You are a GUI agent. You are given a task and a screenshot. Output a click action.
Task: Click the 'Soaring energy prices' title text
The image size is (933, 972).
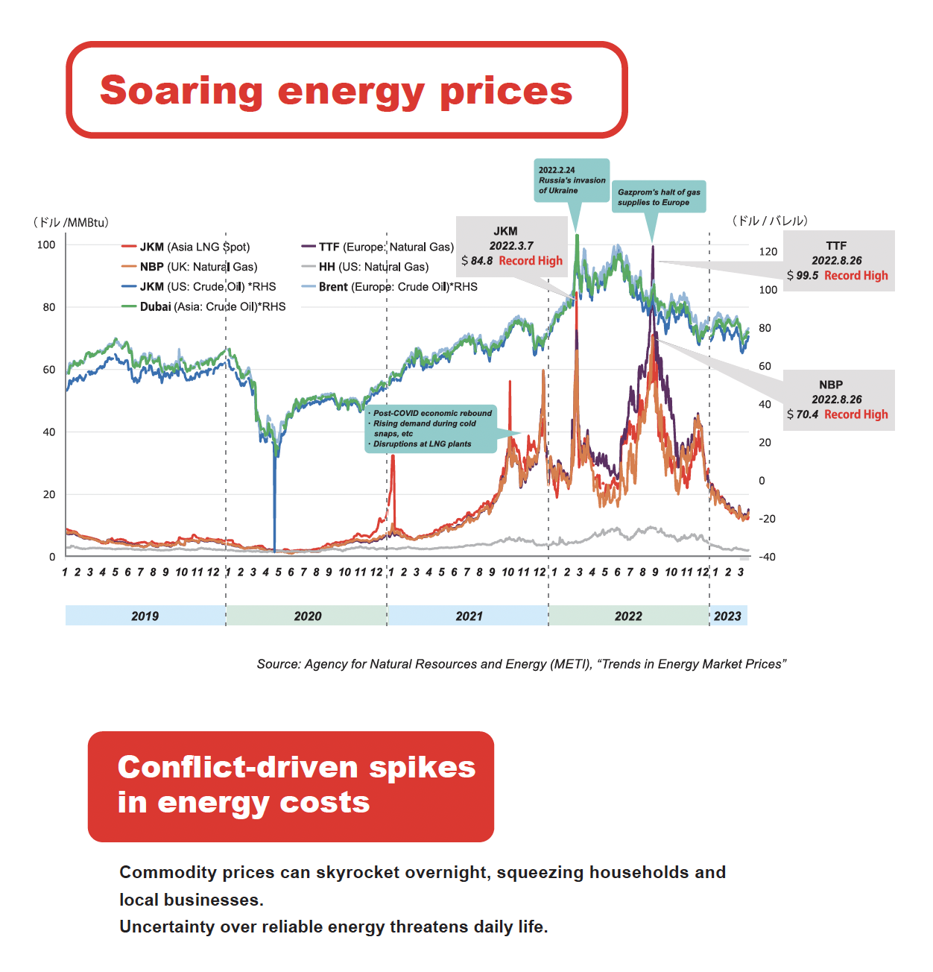pyautogui.click(x=336, y=91)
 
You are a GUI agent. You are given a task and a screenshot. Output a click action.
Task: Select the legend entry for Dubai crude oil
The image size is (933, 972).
pyautogui.click(x=203, y=306)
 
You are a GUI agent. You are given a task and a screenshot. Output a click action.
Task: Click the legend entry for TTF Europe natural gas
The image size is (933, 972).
pyautogui.click(x=378, y=247)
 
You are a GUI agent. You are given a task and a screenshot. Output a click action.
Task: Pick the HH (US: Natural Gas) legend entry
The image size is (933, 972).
pyautogui.click(x=365, y=267)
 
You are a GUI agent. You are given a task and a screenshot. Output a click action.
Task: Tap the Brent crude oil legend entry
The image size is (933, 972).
pyautogui.click(x=390, y=287)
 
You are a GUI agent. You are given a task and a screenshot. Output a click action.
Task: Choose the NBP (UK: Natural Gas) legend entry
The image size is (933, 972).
pyautogui.click(x=189, y=267)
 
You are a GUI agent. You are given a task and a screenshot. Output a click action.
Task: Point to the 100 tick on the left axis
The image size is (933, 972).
pyautogui.click(x=46, y=244)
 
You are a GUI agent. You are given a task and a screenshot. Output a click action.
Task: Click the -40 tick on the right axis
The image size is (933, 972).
pyautogui.click(x=767, y=556)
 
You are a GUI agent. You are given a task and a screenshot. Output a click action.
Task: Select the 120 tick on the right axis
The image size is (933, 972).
pyautogui.click(x=768, y=251)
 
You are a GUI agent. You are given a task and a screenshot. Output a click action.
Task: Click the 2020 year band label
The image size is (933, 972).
pyautogui.click(x=308, y=616)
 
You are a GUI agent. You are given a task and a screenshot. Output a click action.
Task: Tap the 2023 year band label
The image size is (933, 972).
pyautogui.click(x=727, y=616)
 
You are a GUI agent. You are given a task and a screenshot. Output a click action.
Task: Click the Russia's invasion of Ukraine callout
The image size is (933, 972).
pyautogui.click(x=572, y=180)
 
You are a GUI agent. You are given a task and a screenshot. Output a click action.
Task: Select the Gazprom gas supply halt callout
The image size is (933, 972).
pyautogui.click(x=659, y=197)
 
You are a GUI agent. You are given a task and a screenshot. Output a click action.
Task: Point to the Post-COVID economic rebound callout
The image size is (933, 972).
pyautogui.click(x=431, y=429)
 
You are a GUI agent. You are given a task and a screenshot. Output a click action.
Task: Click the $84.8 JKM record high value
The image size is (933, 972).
pyautogui.click(x=477, y=261)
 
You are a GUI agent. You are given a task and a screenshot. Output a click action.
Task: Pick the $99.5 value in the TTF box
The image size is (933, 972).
pyautogui.click(x=803, y=275)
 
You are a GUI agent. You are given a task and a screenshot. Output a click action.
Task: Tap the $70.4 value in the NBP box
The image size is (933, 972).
pyautogui.click(x=803, y=414)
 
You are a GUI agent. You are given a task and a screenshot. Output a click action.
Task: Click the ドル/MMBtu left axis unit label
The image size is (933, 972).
pyautogui.click(x=71, y=222)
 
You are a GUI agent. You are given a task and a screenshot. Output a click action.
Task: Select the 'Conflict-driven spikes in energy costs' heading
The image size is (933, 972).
pyautogui.click(x=297, y=784)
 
